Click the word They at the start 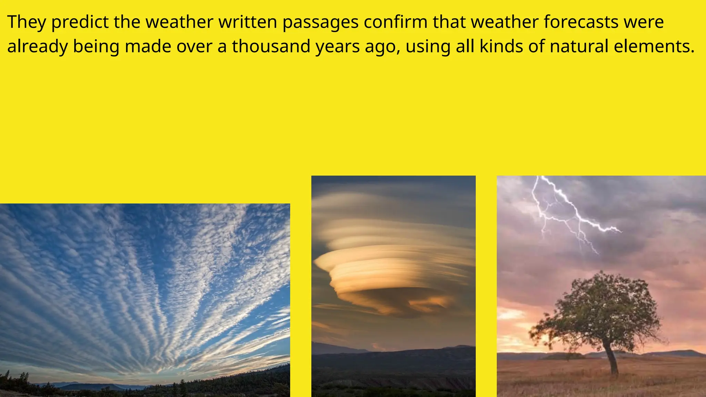coord(27,22)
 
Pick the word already coord(37,47)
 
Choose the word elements coord(654,47)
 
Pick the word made coord(148,47)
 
